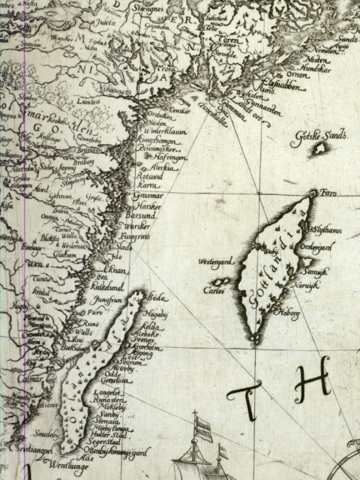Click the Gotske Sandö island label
[x=325, y=136]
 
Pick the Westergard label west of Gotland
[x=214, y=262]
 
